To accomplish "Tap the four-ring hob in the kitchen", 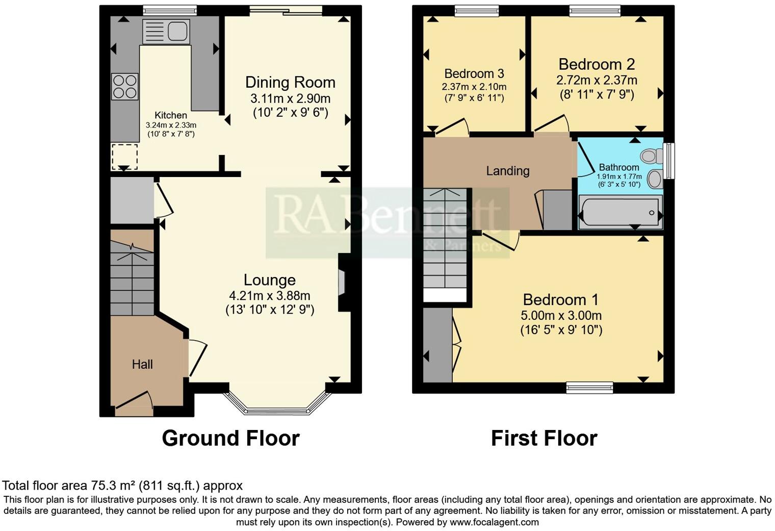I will click(x=125, y=86).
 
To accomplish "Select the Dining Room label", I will click(x=290, y=82).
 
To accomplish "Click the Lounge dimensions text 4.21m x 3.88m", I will click(x=269, y=295).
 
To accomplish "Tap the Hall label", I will click(x=142, y=364).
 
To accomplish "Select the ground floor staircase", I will click(x=132, y=278).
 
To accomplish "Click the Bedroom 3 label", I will click(x=474, y=73).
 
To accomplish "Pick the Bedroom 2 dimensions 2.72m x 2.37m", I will click(x=597, y=80).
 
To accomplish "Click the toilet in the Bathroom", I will click(x=651, y=155).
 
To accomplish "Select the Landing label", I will click(x=507, y=171).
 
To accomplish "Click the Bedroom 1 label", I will click(x=561, y=299).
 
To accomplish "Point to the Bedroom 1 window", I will click(x=589, y=388).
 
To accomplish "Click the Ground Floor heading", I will click(x=230, y=438).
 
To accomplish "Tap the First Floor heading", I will click(x=544, y=438).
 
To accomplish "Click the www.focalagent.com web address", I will click(x=494, y=522).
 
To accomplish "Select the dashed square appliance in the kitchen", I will click(x=124, y=156).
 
